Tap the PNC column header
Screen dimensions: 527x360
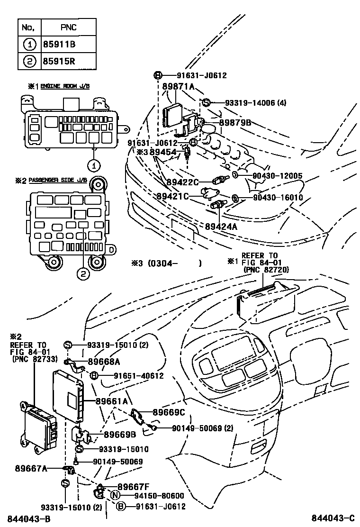pos(69,28)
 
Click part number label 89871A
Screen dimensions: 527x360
pos(179,87)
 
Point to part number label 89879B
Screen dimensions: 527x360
pos(235,123)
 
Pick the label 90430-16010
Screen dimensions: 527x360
pos(277,197)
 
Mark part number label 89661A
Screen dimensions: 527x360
pos(112,401)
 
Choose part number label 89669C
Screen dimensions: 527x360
pos(169,412)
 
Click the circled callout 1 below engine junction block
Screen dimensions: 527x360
pos(94,166)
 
